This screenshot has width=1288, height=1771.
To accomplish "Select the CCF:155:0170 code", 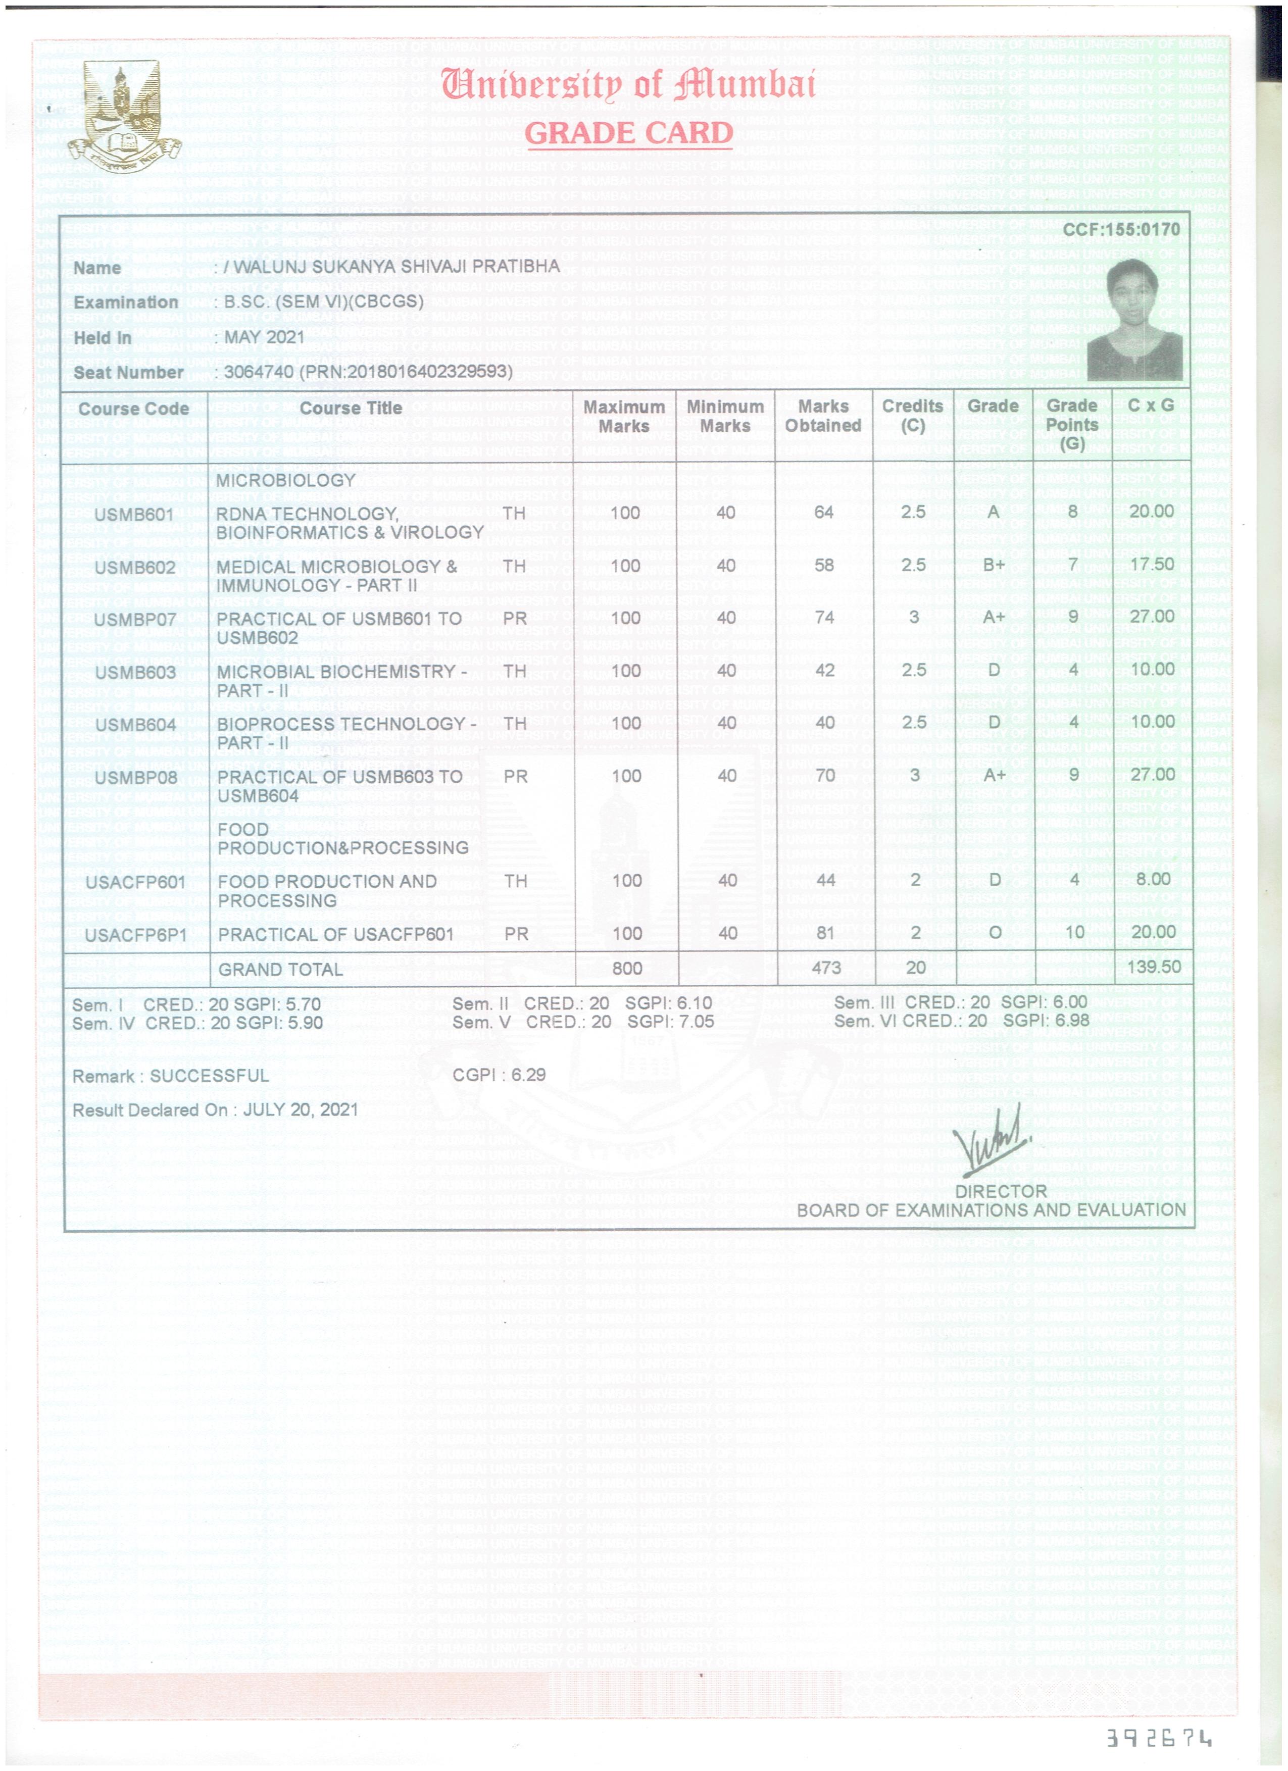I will [x=1121, y=230].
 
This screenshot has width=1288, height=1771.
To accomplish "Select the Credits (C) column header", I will [x=912, y=416].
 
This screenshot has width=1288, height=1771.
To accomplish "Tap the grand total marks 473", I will [x=826, y=968].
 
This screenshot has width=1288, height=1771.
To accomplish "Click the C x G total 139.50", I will [x=1153, y=967].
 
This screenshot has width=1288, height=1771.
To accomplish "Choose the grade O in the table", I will [x=995, y=932].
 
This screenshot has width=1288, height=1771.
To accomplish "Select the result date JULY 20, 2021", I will [x=301, y=1109].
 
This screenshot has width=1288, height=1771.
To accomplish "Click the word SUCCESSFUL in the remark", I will [x=209, y=1076].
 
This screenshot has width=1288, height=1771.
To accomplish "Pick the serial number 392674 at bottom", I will [x=1159, y=1738].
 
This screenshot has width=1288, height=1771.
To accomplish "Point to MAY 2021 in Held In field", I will [x=264, y=337].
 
